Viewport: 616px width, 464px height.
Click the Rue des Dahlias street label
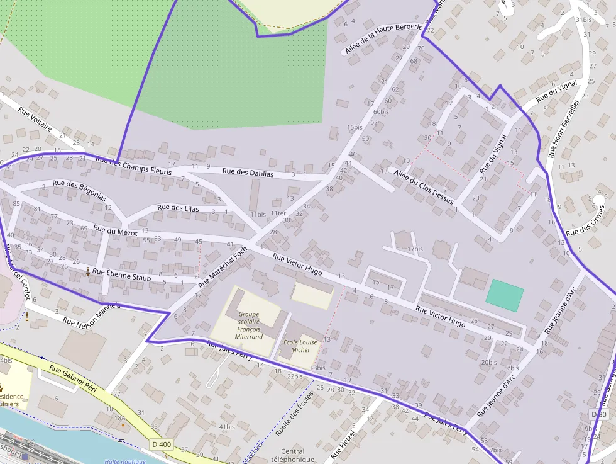coord(248,173)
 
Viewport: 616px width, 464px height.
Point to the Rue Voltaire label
coord(35,118)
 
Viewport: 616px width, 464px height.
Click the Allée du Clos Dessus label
coord(424,188)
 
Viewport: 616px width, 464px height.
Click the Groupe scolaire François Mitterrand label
coord(249,325)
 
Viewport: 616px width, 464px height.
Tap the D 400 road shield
coord(162,444)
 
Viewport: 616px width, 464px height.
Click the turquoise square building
coord(505,295)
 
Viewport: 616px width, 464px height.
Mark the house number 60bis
coord(380,112)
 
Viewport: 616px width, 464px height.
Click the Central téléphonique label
coord(293,455)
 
